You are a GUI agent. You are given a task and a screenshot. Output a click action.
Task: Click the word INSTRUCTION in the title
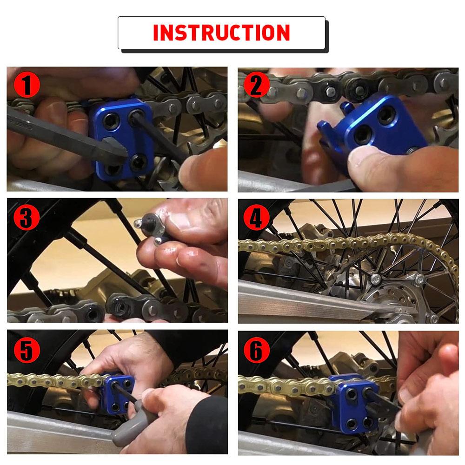coord(221,33)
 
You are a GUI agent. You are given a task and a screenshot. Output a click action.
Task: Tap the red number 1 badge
coord(27,86)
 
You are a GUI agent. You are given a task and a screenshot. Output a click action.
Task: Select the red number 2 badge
coord(256,85)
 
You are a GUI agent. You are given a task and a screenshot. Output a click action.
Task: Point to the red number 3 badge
coord(27,218)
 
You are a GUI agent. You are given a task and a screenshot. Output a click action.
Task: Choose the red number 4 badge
coord(256,218)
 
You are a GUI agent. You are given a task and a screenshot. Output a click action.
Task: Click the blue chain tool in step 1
coord(122,137)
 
